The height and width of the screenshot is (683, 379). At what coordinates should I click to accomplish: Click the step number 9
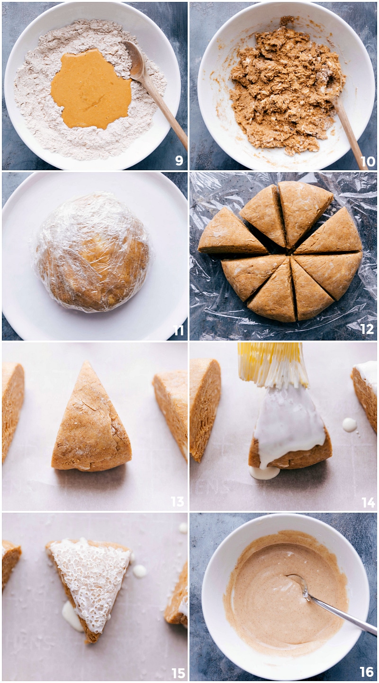pyautogui.click(x=179, y=161)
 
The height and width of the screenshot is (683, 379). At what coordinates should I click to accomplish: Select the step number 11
pyautogui.click(x=178, y=331)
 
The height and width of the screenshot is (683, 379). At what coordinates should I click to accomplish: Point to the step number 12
pyautogui.click(x=367, y=329)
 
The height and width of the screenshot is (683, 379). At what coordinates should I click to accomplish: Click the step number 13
pyautogui.click(x=177, y=501)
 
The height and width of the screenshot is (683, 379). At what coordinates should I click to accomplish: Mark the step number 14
pyautogui.click(x=368, y=502)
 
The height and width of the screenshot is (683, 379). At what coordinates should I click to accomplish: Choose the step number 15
pyautogui.click(x=178, y=673)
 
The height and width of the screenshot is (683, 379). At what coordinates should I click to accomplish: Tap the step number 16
pyautogui.click(x=367, y=672)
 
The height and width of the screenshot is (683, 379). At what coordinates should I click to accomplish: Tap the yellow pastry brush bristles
pyautogui.click(x=272, y=363)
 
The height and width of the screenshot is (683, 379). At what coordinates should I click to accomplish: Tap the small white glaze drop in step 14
pyautogui.click(x=350, y=424)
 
